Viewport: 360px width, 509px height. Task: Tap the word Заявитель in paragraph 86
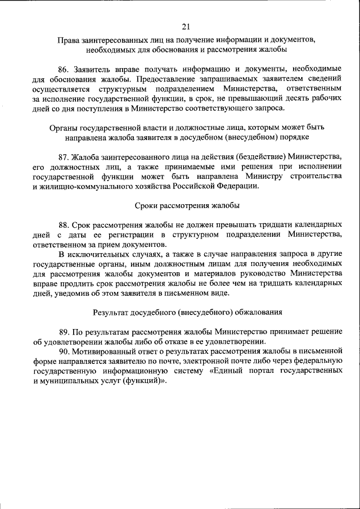tap(93, 69)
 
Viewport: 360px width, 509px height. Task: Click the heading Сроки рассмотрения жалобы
tap(185, 206)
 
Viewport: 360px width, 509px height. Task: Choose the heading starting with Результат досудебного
tap(185, 312)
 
